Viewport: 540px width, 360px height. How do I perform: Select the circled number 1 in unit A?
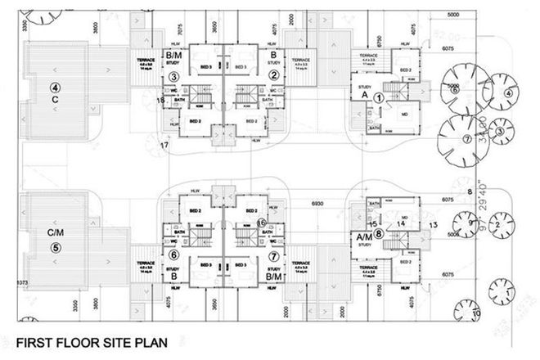(379, 96)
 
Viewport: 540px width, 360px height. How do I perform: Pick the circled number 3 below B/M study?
(174, 77)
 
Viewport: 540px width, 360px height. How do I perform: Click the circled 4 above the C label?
(56, 86)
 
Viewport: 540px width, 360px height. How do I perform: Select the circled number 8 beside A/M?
(378, 233)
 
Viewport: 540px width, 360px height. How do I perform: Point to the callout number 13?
(434, 223)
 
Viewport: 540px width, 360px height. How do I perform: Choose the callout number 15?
(372, 223)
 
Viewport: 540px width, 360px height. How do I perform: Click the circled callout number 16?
(261, 222)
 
